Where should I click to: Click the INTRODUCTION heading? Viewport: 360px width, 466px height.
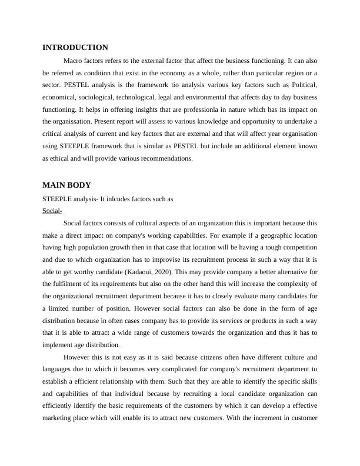[x=75, y=48]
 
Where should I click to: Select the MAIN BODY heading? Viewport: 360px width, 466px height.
[x=66, y=185]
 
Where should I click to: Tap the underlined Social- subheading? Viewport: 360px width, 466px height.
[x=52, y=211]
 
